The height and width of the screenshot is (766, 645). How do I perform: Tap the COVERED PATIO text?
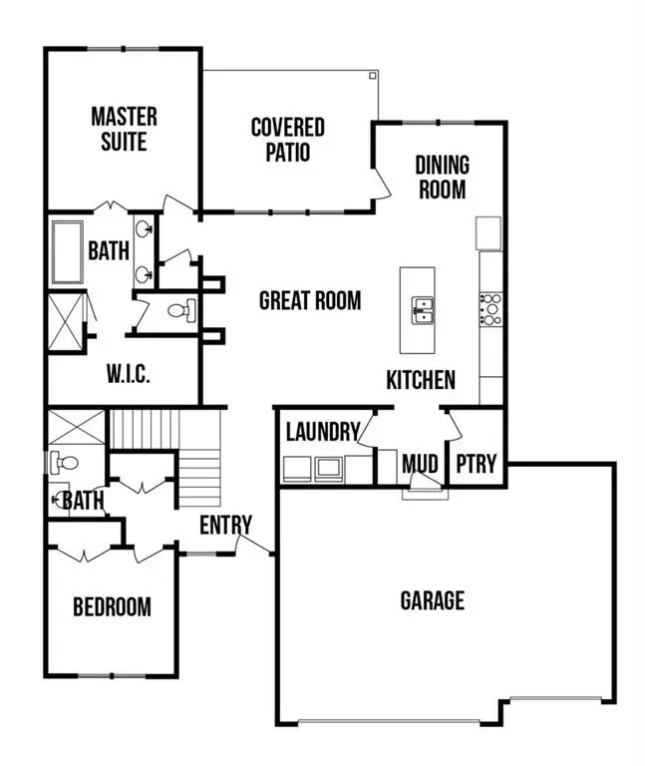[287, 140]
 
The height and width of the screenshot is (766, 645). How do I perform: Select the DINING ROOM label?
[442, 177]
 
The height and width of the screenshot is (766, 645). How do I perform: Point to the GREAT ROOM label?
[310, 300]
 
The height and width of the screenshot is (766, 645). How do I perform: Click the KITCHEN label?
[422, 379]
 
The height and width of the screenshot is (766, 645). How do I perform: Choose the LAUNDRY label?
[322, 432]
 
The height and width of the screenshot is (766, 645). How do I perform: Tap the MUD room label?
[422, 464]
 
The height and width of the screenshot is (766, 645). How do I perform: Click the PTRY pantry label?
[476, 464]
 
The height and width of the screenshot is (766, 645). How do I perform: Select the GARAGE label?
[433, 600]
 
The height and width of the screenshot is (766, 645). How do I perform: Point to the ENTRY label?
[225, 525]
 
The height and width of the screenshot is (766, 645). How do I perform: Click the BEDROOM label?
[113, 606]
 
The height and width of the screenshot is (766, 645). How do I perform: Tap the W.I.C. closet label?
[130, 375]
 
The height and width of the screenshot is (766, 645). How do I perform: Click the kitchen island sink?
[423, 310]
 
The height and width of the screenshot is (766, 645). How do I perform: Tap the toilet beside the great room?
[179, 311]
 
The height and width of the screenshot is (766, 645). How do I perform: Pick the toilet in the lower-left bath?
[62, 463]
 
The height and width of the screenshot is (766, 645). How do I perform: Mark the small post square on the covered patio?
[372, 76]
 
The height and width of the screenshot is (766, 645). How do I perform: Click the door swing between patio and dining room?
[380, 180]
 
